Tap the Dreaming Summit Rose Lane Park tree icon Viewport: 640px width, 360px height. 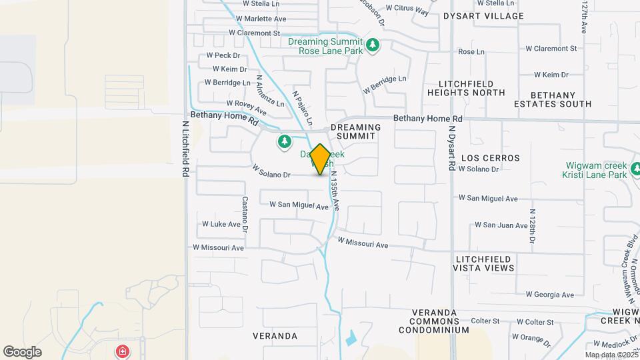pos(373,45)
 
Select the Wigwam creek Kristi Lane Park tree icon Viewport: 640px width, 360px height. pos(636,167)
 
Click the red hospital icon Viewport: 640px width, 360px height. pos(122,351)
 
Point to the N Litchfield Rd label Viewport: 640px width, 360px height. pos(186,148)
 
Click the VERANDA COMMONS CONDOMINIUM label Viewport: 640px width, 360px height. pos(441,321)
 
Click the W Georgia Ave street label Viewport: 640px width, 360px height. pos(549,295)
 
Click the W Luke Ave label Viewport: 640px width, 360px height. pos(221,224)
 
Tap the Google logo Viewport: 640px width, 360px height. pos(22,351)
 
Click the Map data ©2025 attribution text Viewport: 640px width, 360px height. pos(611,355)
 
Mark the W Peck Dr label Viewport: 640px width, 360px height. pos(218,55)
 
